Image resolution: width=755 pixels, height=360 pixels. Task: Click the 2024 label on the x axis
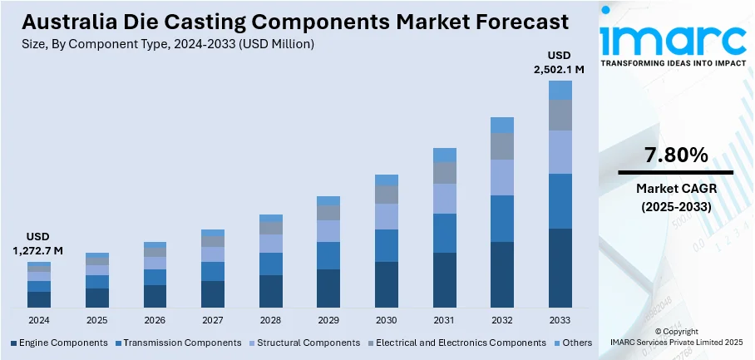coord(39,320)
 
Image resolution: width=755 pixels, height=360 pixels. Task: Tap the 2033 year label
coord(560,320)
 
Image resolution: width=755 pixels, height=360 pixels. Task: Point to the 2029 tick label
coord(328,320)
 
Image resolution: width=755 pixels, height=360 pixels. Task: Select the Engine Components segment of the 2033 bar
coord(560,268)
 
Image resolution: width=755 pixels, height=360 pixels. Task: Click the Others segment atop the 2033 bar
coord(560,90)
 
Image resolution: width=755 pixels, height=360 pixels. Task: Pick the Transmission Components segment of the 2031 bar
coord(444,233)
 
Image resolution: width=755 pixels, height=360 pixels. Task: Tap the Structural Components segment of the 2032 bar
coord(502,177)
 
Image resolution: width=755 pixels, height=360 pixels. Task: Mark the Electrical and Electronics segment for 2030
coord(387,195)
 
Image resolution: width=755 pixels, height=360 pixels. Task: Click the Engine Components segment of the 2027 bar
coord(213,294)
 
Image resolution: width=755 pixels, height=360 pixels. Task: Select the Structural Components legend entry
coord(303,343)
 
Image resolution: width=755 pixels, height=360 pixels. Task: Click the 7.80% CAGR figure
coord(675,155)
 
